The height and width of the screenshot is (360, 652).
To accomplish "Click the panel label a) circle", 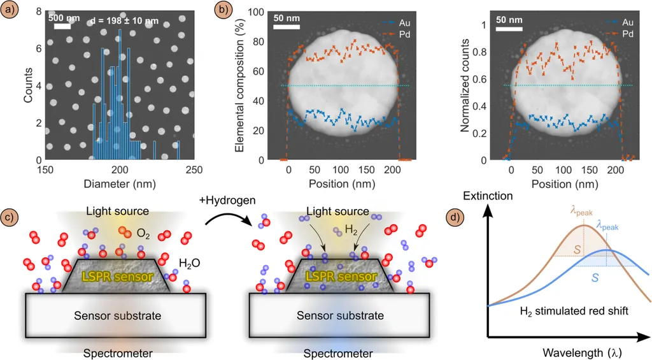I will coord(10,10).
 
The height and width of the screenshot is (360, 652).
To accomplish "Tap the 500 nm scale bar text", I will coord(64,18).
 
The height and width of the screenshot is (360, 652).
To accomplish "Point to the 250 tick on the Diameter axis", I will coord(194,169).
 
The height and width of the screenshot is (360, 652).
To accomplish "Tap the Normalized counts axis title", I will coord(465,87).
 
